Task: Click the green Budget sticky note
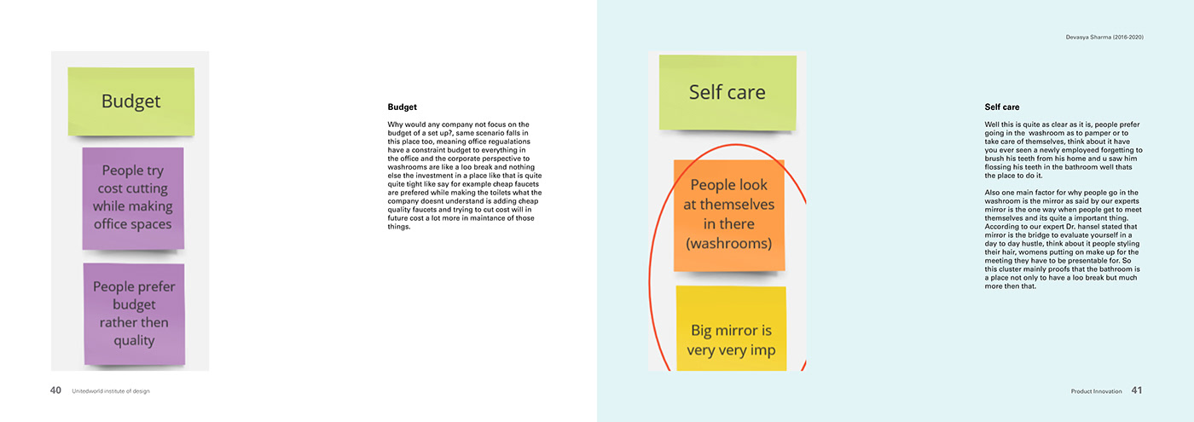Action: (130, 101)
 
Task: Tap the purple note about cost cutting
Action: (132, 197)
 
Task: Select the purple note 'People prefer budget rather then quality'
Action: (133, 313)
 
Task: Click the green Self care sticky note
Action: (727, 92)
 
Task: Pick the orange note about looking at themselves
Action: (728, 214)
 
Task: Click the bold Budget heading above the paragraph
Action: (402, 107)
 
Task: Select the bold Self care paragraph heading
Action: (1001, 107)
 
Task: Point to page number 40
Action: (55, 390)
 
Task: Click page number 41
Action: (1136, 390)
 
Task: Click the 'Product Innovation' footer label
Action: (1095, 391)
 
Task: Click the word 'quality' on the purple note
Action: (133, 340)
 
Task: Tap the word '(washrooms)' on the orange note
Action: (728, 243)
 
